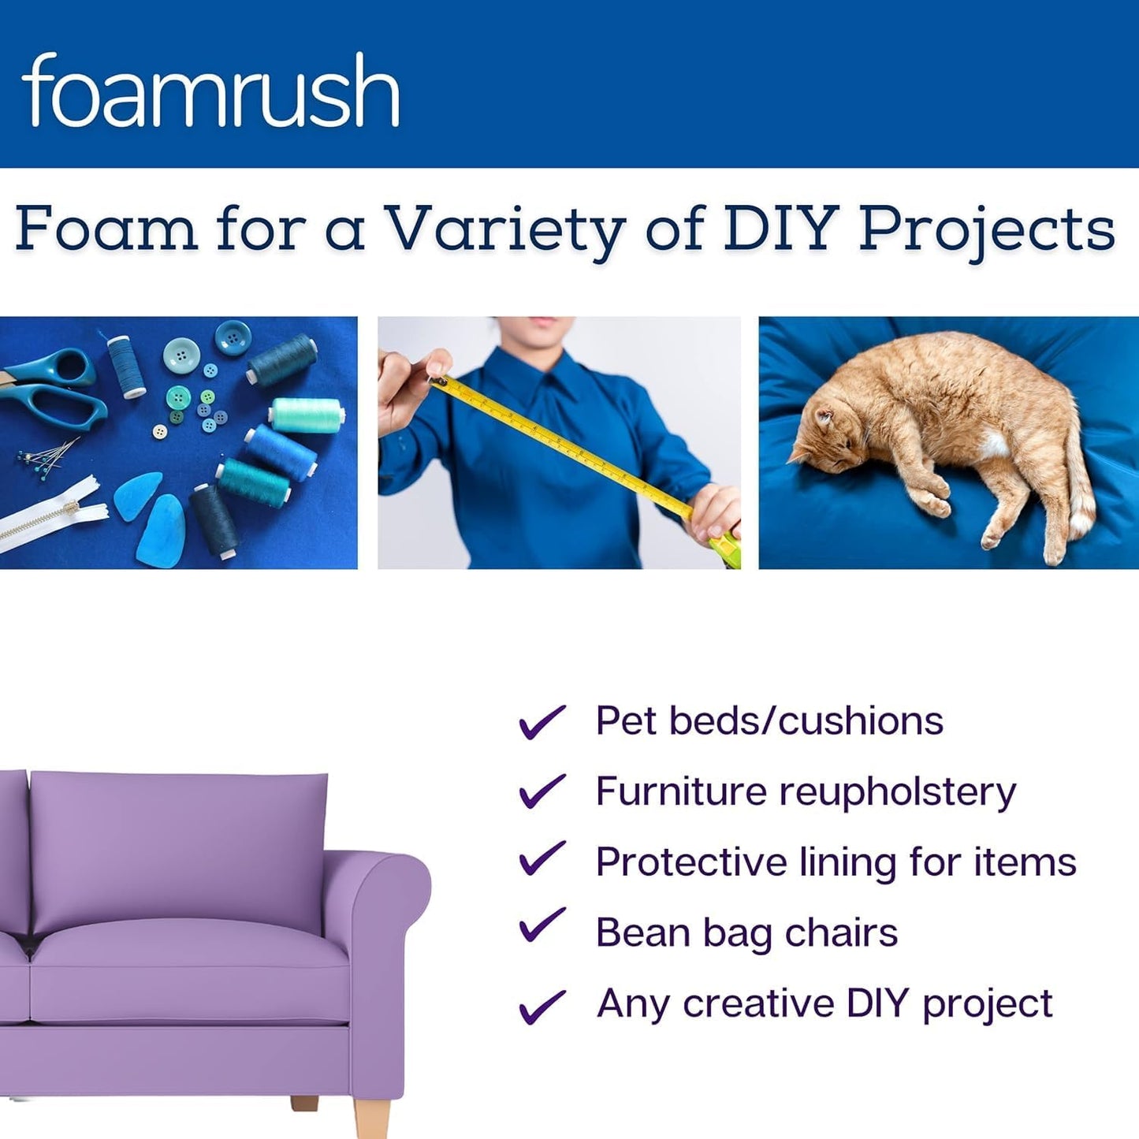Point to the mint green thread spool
(x=307, y=413)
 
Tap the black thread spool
(x=214, y=520)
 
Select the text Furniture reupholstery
(x=806, y=791)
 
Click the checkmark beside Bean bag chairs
(x=542, y=925)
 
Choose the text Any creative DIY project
(x=824, y=1003)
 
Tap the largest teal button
(x=182, y=355)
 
